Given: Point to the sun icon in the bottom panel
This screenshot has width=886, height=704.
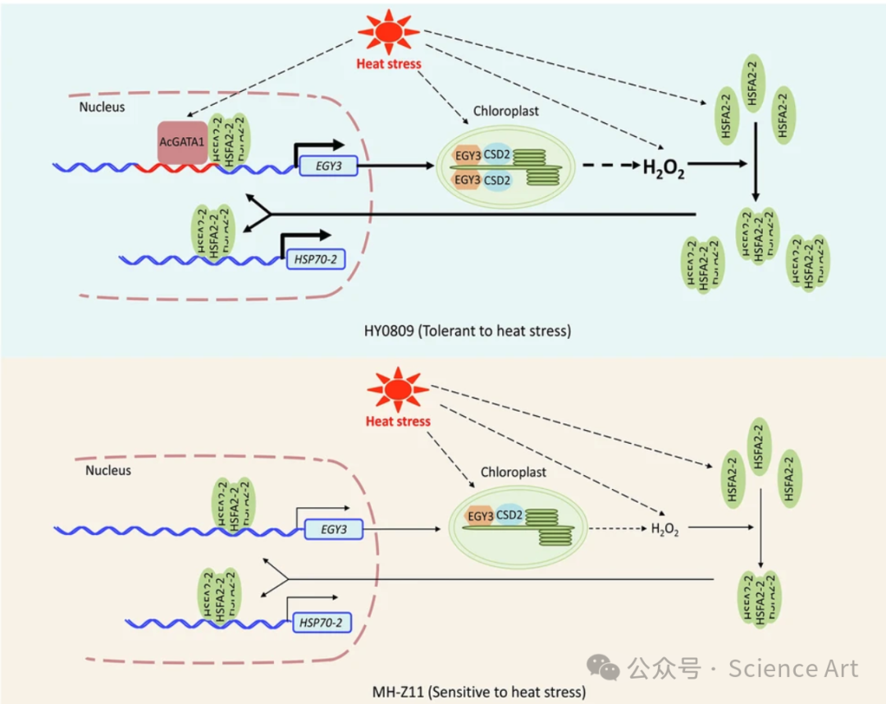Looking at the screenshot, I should click(x=398, y=391).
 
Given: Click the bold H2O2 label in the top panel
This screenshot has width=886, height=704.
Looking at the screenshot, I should click(x=663, y=168).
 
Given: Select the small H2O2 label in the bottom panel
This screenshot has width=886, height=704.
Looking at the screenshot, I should click(x=665, y=529).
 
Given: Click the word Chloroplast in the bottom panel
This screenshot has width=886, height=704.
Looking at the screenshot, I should click(x=514, y=472).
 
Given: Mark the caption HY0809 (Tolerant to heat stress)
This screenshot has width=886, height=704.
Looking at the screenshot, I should click(x=468, y=331).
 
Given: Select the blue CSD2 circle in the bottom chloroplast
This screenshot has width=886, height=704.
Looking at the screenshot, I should click(x=509, y=516).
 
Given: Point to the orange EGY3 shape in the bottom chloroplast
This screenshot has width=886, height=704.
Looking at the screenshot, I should click(x=479, y=516).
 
